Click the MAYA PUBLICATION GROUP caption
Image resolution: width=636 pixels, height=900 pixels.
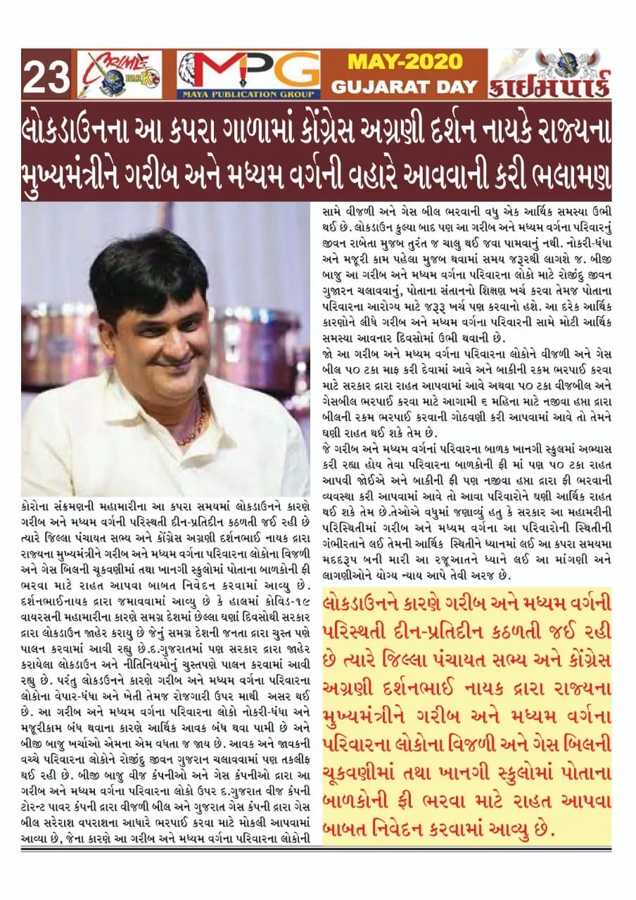(x=248, y=94)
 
